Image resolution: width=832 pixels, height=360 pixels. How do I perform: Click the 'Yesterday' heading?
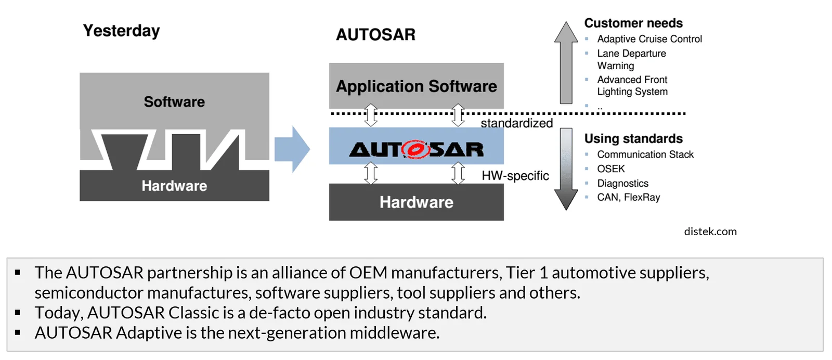[122, 31]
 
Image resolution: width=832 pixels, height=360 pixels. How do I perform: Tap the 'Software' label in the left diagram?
[174, 102]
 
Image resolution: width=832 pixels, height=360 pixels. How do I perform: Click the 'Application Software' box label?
[417, 86]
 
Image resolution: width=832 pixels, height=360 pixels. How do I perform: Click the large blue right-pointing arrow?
[292, 149]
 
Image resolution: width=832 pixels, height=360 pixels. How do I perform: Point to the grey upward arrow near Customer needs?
[566, 62]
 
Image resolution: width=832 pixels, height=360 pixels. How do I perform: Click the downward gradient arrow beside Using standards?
[566, 169]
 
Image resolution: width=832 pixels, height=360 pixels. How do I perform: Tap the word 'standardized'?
[517, 123]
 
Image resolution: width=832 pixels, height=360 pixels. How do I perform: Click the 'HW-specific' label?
[515, 176]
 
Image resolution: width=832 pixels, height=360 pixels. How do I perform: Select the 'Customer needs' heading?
[633, 23]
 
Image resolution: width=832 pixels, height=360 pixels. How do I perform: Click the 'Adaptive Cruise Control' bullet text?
[649, 39]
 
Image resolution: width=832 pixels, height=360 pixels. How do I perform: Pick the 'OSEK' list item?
[611, 169]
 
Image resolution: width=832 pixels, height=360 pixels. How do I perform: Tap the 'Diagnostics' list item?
[622, 184]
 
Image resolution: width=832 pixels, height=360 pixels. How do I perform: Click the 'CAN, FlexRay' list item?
[629, 197]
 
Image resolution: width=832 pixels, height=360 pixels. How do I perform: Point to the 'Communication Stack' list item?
[645, 155]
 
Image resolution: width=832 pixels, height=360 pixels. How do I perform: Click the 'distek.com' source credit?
[710, 232]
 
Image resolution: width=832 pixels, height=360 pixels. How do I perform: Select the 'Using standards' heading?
[633, 138]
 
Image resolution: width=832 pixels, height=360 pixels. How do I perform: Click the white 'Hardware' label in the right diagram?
[417, 202]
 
